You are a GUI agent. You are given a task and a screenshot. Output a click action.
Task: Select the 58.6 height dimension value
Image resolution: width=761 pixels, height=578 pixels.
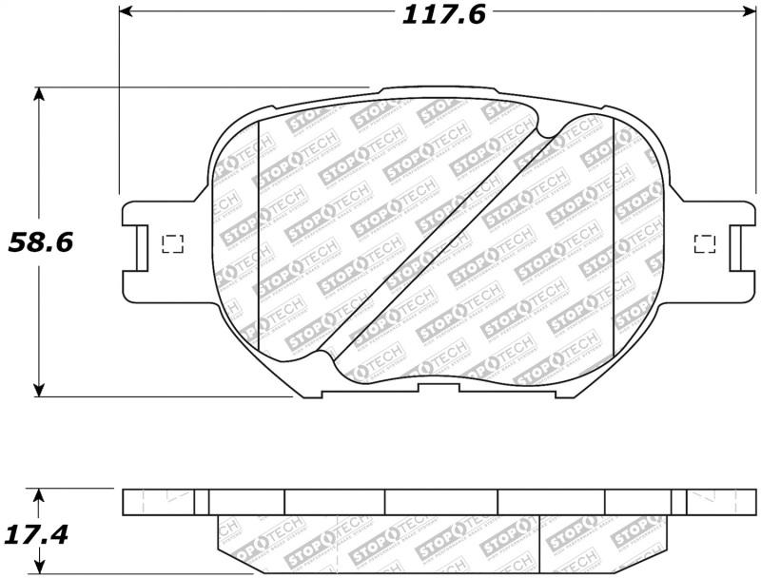[40, 241]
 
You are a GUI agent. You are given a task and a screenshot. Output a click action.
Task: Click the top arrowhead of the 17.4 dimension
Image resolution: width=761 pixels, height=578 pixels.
[39, 495]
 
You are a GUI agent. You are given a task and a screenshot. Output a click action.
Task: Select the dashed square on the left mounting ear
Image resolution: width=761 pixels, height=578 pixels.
[172, 243]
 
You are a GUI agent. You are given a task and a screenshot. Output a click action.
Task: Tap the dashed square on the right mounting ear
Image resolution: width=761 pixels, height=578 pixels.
[705, 243]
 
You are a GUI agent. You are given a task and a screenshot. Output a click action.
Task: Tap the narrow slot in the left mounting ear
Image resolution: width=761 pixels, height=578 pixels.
[141, 248]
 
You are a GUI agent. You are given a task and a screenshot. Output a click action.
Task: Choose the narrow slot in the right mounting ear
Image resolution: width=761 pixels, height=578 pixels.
[736, 248]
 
